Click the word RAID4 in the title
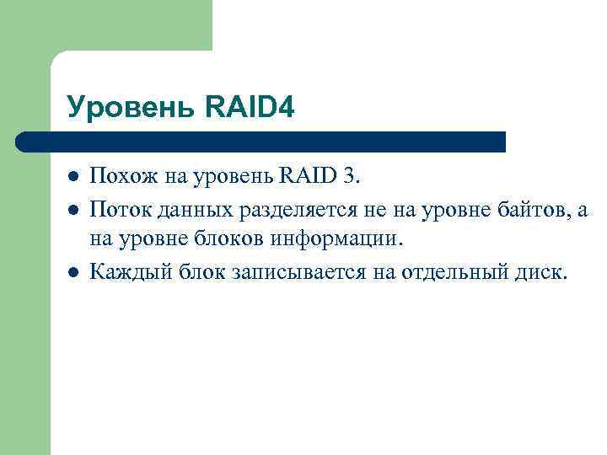(x=250, y=106)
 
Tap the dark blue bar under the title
(x=261, y=142)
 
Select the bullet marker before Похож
(x=73, y=177)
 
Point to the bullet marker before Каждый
(x=73, y=272)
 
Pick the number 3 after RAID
(x=350, y=176)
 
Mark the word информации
(x=337, y=240)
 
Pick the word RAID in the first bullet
(x=311, y=176)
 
